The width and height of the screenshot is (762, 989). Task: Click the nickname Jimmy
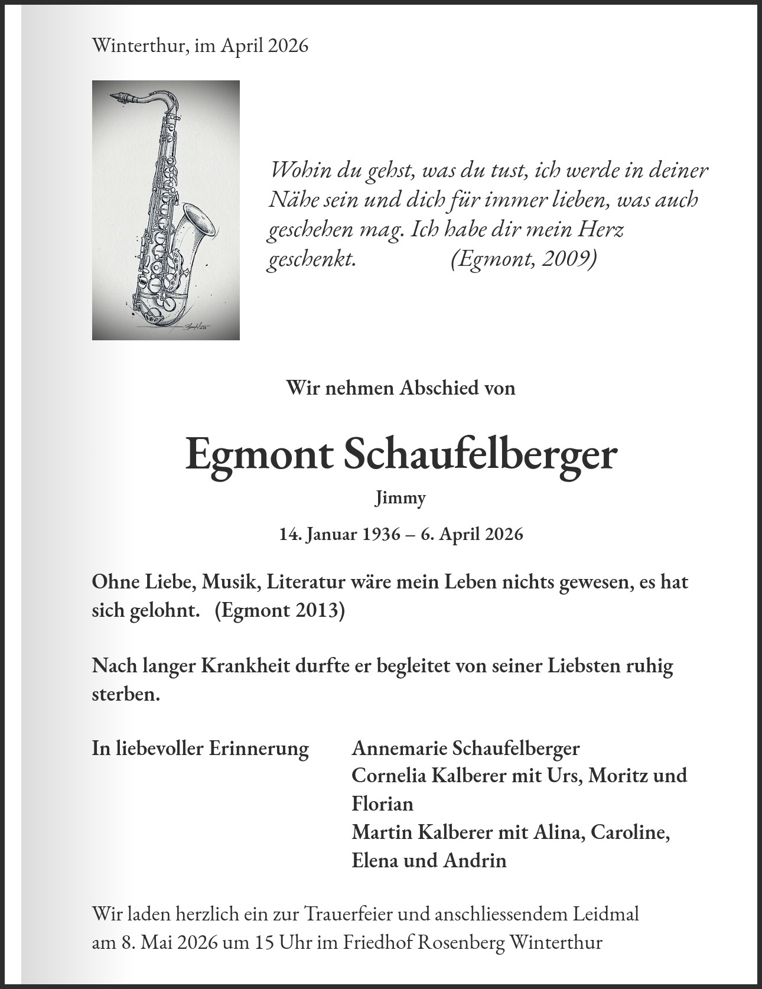coord(400,498)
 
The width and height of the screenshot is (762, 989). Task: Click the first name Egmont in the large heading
coord(258,455)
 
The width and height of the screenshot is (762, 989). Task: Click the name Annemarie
coord(399,748)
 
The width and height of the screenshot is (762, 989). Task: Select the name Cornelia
coord(390,775)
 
